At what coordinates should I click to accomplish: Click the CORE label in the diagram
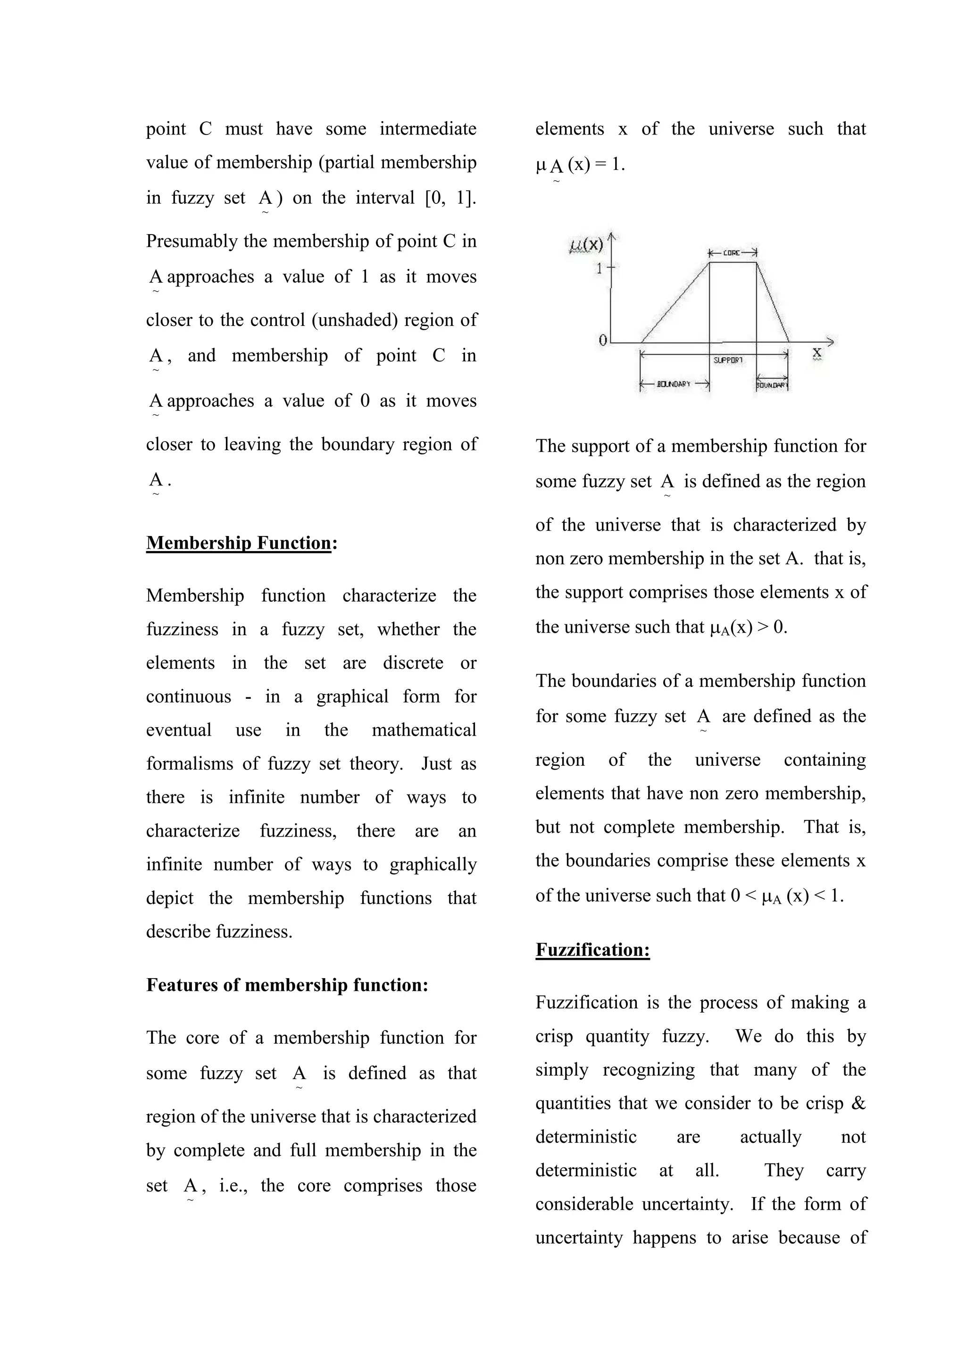(x=732, y=253)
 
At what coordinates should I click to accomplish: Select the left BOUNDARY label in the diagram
(x=674, y=385)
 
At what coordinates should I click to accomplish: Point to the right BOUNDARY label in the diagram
(x=772, y=385)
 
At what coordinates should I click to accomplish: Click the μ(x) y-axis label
(x=586, y=244)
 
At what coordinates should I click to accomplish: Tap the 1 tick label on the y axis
(x=600, y=269)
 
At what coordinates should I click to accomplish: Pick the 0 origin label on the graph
(x=602, y=340)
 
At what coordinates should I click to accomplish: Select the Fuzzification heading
(x=592, y=949)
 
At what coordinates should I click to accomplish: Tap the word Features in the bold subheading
(x=182, y=985)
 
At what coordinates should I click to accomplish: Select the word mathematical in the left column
(x=424, y=730)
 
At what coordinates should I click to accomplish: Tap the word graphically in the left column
(x=433, y=864)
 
